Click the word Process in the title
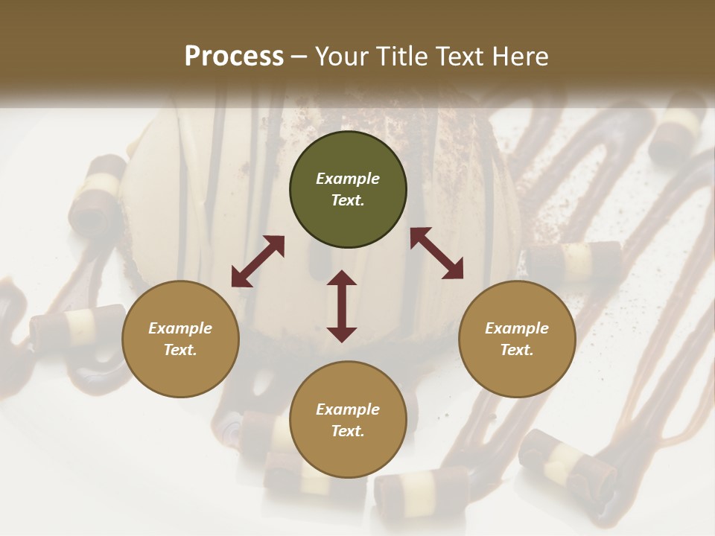(x=234, y=57)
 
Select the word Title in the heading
(x=401, y=57)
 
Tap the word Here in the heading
(x=519, y=57)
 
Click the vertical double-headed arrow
(x=342, y=306)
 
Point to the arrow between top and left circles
(x=258, y=261)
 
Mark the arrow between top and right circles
(x=436, y=253)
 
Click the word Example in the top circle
(x=348, y=179)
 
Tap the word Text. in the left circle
(x=180, y=350)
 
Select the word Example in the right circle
(x=517, y=328)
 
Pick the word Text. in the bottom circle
(x=348, y=431)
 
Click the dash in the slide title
(x=299, y=57)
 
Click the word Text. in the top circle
(x=348, y=200)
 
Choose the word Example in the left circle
(x=180, y=328)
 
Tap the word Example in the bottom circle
(x=348, y=409)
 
